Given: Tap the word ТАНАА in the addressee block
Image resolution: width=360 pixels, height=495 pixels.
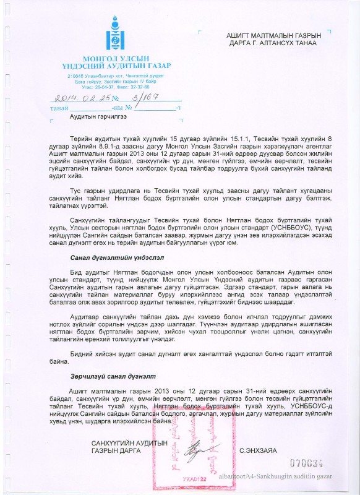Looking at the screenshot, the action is click(304, 43).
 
